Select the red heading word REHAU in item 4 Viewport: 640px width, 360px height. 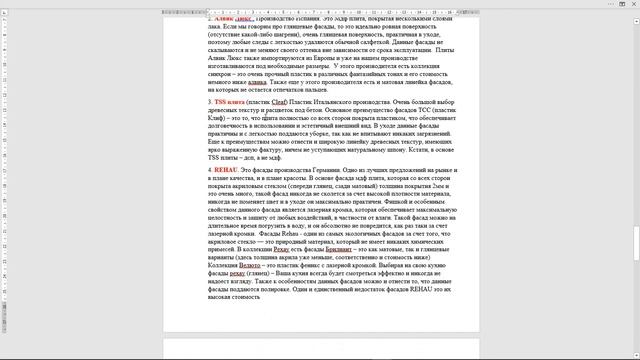click(229, 170)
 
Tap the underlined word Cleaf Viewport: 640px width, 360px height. click(282, 101)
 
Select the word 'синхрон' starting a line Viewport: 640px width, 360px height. click(223, 74)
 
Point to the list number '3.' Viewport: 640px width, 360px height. click(211, 101)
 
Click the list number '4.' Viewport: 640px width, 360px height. click(211, 170)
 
